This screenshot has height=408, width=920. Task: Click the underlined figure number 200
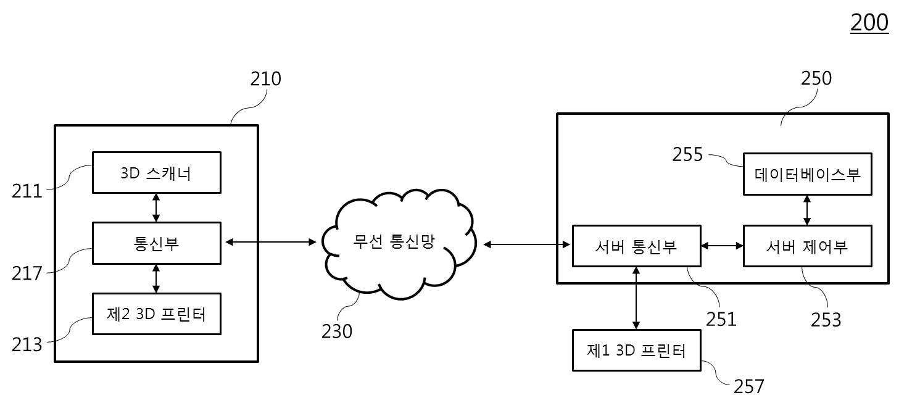[869, 23]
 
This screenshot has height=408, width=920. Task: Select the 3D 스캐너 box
[157, 173]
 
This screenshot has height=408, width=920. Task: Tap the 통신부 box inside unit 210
[157, 243]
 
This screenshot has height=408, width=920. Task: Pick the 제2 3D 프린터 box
[157, 314]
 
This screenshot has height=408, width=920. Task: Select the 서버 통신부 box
[636, 246]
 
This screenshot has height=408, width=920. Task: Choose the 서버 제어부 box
[808, 246]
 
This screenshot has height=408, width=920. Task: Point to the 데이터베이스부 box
[808, 174]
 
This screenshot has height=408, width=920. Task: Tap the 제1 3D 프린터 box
[636, 351]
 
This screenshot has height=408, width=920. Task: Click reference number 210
[266, 79]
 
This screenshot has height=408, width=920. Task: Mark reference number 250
[816, 78]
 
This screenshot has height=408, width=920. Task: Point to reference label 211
[27, 191]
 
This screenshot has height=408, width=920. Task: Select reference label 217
[27, 273]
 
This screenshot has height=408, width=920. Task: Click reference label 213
[27, 344]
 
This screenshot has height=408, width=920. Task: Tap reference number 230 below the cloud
[337, 331]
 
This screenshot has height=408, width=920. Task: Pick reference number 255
[687, 154]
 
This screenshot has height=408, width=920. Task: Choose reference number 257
[748, 386]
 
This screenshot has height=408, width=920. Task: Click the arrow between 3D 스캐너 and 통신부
[156, 208]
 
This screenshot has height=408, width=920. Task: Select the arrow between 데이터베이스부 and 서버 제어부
[807, 210]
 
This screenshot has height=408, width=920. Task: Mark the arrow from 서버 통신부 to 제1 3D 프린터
[636, 298]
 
